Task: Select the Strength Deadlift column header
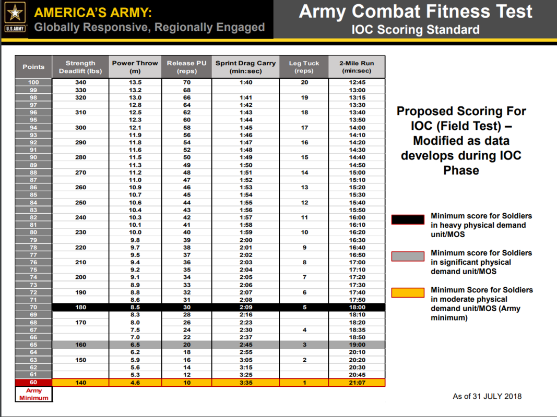coord(80,67)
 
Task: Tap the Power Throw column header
coord(135,67)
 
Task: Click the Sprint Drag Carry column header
coord(245,67)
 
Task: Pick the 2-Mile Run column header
coord(357,67)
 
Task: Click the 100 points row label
coord(33,82)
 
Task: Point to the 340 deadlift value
coord(80,82)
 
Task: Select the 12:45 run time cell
coord(357,82)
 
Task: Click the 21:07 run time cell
coord(357,383)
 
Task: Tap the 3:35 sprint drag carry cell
coord(245,383)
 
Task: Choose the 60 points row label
coord(33,383)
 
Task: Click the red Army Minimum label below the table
coord(33,394)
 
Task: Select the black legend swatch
coord(408,219)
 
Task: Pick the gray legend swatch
coord(408,256)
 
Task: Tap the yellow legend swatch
coord(408,293)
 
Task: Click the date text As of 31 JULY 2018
coord(487,396)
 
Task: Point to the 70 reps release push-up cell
coord(186,82)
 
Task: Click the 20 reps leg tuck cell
coord(304,82)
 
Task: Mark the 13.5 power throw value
coord(135,82)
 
